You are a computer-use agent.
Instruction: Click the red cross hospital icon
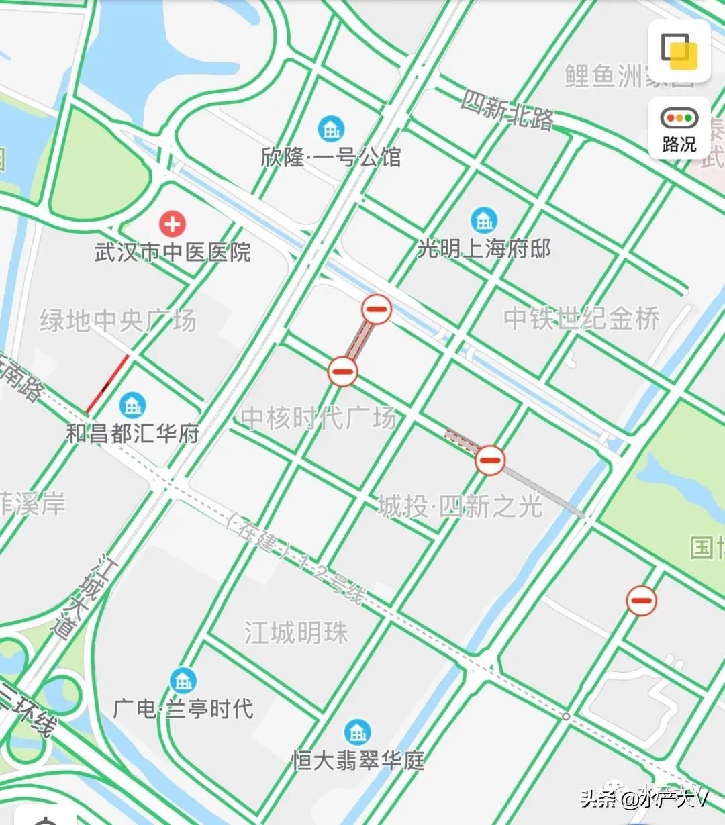pos(172,223)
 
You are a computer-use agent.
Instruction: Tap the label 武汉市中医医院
pos(173,252)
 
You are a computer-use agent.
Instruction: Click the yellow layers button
pos(679,51)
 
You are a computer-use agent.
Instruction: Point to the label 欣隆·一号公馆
pos(331,157)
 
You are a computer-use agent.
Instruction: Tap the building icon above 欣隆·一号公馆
pos(331,128)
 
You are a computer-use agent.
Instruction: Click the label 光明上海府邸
pos(484,249)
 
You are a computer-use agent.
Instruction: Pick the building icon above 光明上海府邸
pos(483,220)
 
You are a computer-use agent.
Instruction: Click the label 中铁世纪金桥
pos(582,318)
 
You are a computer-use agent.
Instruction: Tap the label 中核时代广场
pos(319,418)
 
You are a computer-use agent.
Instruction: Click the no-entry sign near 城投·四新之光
pos(490,460)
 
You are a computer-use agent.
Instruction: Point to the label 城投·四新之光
pos(460,506)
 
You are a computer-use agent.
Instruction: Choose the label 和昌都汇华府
pos(133,433)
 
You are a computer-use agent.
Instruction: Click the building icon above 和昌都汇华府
pos(132,404)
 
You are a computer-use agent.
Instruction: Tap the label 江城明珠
pos(296,632)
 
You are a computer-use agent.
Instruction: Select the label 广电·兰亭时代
pos(183,709)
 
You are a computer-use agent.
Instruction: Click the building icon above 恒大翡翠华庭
pos(357,732)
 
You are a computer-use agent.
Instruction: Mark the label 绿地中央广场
pos(118,320)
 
